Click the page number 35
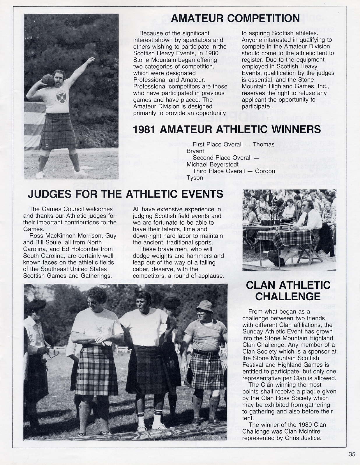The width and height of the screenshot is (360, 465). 352,454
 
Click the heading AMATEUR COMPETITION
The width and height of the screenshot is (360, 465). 235,18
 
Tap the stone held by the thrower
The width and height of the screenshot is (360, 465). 48,81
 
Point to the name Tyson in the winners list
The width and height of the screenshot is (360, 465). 195,178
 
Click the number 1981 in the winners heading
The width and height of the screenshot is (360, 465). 144,129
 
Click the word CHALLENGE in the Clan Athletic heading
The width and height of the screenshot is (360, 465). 288,297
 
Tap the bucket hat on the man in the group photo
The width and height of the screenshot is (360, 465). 205,306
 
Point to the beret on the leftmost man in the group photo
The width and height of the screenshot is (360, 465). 36,305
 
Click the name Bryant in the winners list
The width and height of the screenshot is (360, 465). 195,151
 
